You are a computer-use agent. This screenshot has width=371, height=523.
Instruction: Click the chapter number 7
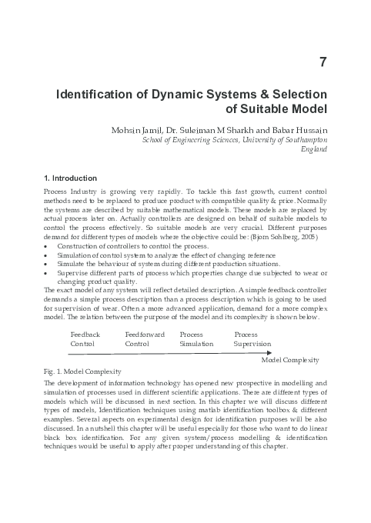pyautogui.click(x=323, y=62)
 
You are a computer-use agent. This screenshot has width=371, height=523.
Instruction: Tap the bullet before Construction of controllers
pyautogui.click(x=48, y=247)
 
